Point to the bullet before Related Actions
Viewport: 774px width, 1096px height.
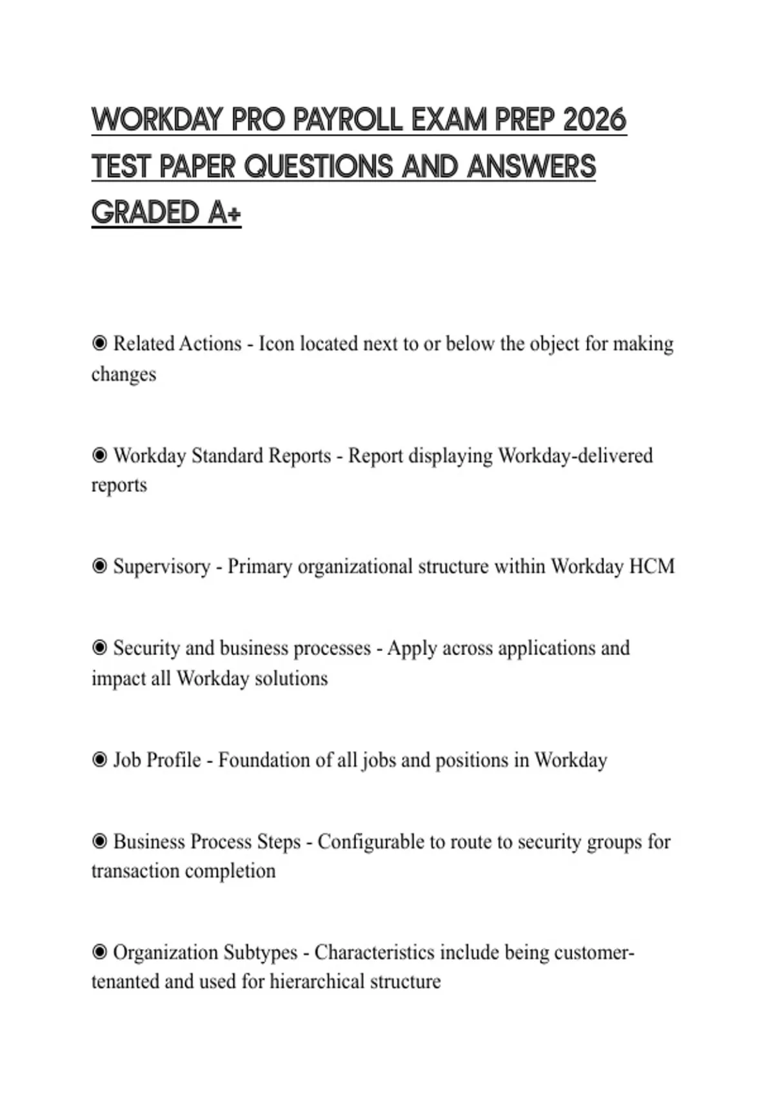pos(99,344)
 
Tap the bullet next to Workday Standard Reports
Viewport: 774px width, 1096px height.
pos(99,456)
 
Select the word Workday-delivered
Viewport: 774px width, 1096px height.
pos(575,456)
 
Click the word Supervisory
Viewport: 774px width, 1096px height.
pos(161,567)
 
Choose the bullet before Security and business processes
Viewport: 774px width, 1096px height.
pos(99,648)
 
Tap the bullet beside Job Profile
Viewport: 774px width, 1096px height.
pos(99,760)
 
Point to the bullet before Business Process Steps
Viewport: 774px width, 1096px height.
pos(99,842)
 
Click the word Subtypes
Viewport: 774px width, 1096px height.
pos(260,952)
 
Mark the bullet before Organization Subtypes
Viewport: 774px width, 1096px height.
pos(99,952)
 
